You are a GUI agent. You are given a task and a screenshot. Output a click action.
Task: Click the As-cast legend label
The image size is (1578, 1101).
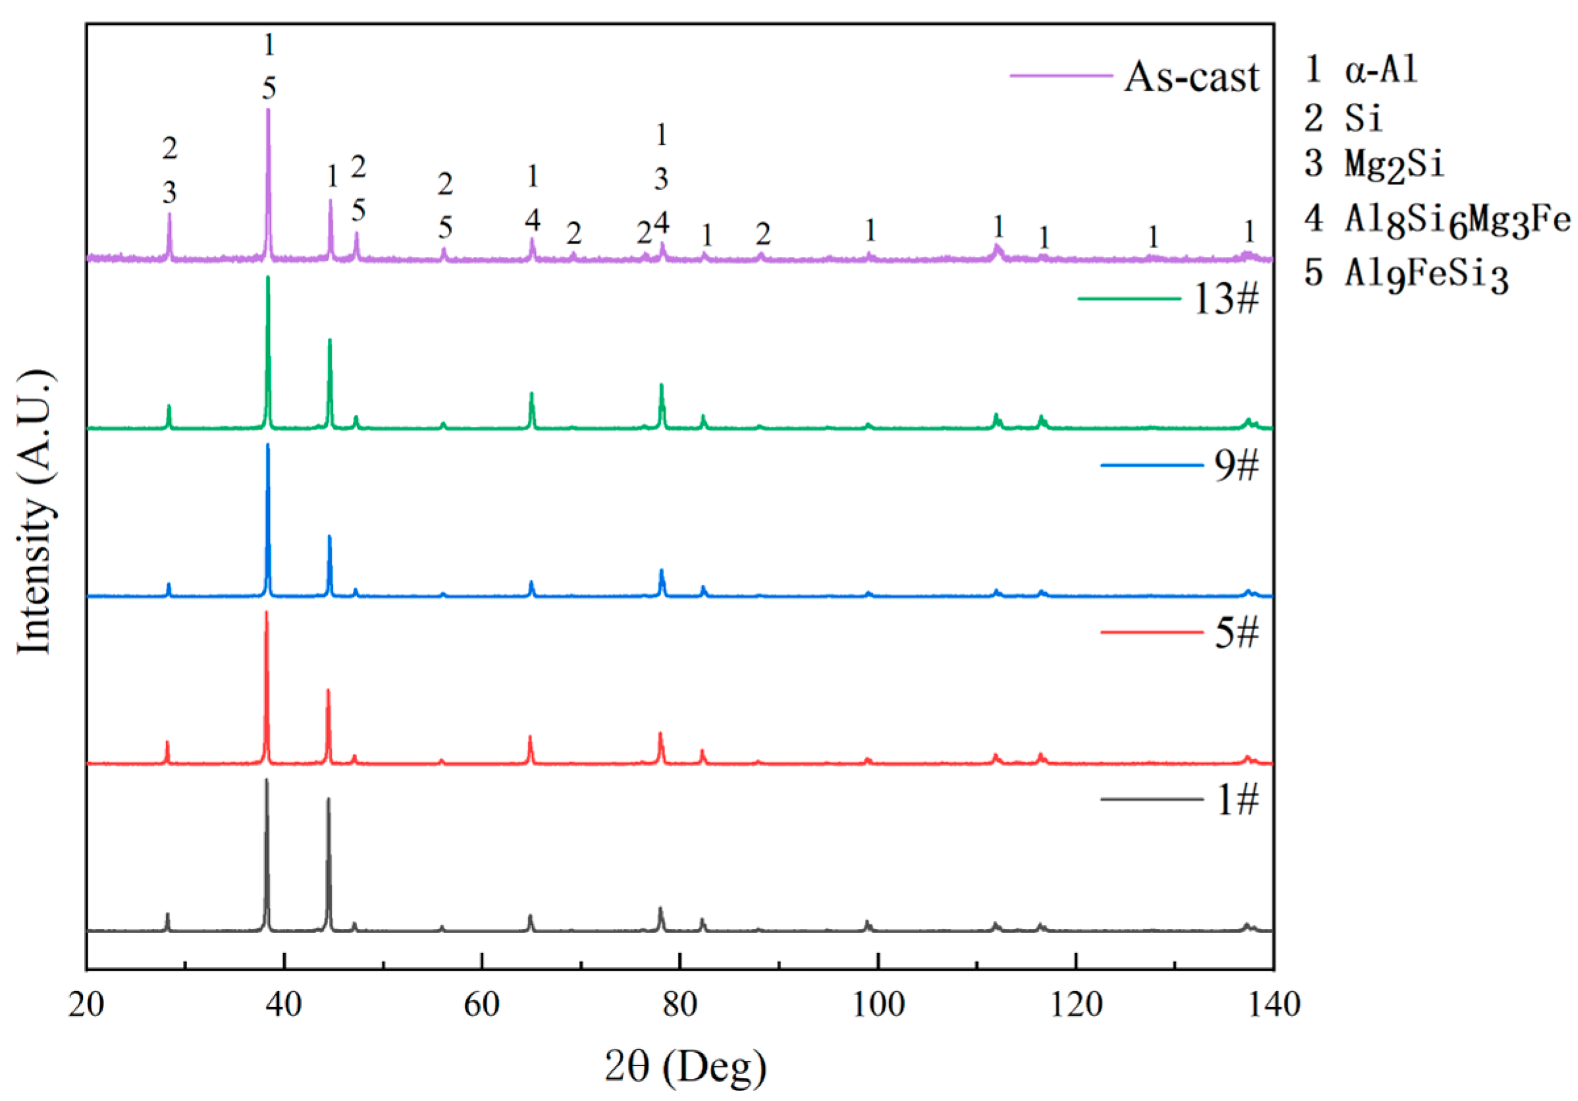click(1191, 76)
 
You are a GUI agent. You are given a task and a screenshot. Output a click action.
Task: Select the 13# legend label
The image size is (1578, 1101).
click(1226, 299)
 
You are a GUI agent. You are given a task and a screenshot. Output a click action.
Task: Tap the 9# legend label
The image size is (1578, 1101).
click(1236, 466)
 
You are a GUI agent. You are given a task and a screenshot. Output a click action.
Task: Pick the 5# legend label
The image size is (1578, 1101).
click(1236, 632)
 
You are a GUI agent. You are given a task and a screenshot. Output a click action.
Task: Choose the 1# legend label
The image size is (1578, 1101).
click(1238, 800)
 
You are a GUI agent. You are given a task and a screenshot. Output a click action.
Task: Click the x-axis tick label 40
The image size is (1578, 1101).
click(284, 1005)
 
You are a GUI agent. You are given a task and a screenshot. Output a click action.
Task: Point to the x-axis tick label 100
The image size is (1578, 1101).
click(878, 1005)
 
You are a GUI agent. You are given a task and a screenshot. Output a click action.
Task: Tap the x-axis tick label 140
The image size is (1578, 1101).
click(1274, 1005)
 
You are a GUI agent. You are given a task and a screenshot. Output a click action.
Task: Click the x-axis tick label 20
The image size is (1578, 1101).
click(87, 1005)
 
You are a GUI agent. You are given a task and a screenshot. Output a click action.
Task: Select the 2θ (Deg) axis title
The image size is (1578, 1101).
click(685, 1067)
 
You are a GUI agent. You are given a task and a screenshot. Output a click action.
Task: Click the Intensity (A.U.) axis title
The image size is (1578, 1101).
click(34, 512)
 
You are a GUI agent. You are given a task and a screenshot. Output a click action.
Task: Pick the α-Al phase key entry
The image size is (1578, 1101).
click(1361, 69)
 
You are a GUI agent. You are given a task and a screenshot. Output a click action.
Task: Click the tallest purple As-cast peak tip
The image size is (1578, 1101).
click(268, 110)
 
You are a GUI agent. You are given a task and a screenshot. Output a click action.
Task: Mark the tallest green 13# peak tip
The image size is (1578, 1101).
click(268, 278)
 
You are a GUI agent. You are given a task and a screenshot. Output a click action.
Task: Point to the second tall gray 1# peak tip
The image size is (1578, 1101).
click(329, 799)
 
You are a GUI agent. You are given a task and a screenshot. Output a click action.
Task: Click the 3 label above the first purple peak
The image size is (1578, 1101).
click(170, 192)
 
